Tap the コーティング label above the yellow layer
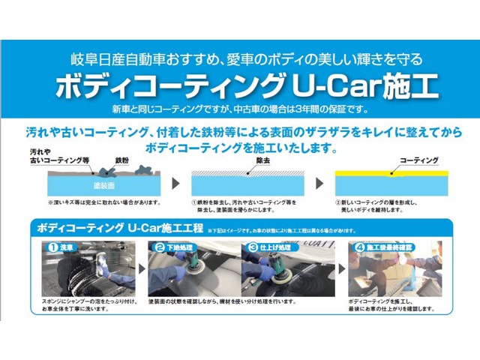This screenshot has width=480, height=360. click(x=419, y=161)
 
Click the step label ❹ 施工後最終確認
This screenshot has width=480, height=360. click(x=384, y=247)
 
